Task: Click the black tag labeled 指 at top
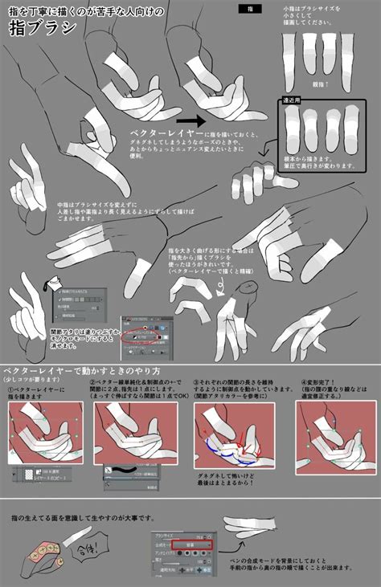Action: tap(250, 8)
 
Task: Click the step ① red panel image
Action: tap(47, 434)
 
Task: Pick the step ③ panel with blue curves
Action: tap(234, 434)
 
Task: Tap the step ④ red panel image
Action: tap(331, 434)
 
